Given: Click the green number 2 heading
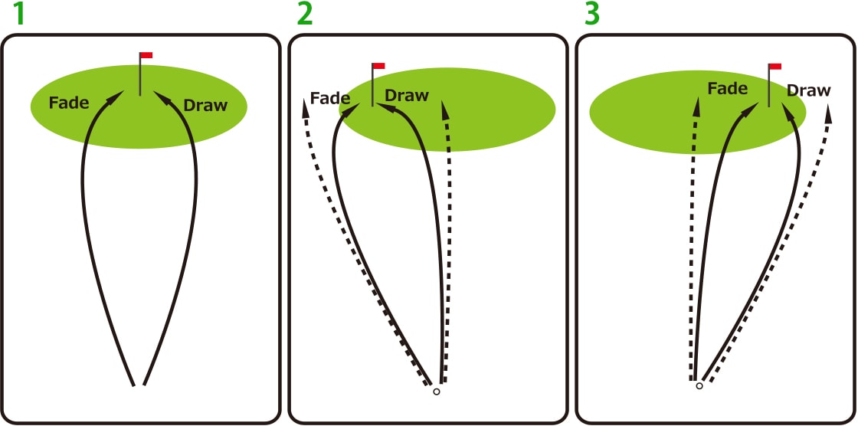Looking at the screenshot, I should (x=304, y=14).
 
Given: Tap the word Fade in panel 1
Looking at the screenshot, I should (x=69, y=103).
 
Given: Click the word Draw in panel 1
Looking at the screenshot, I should (x=205, y=105).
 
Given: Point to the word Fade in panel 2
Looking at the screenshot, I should (x=330, y=98).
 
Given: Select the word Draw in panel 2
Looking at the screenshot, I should (x=407, y=96).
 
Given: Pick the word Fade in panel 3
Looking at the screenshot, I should (x=727, y=89).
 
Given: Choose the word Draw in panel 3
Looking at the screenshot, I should (x=809, y=90).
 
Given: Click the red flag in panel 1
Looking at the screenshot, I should (x=146, y=55).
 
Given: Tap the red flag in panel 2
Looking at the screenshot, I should (x=378, y=67).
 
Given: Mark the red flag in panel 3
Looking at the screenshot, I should (x=774, y=67).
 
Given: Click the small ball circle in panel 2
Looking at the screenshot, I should (x=437, y=392).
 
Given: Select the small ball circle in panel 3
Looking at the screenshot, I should (x=699, y=386).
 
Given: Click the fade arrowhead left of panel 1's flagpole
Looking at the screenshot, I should (x=118, y=97).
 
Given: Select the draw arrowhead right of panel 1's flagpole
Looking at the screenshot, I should (x=161, y=97).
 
